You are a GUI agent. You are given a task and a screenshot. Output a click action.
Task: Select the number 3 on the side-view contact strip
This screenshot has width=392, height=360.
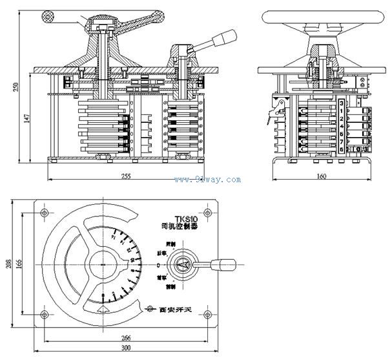(x=341, y=103)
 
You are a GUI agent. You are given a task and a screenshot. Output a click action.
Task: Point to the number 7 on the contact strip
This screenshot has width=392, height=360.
(x=341, y=140)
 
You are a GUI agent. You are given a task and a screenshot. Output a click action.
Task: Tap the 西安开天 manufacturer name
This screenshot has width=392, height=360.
(x=172, y=309)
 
